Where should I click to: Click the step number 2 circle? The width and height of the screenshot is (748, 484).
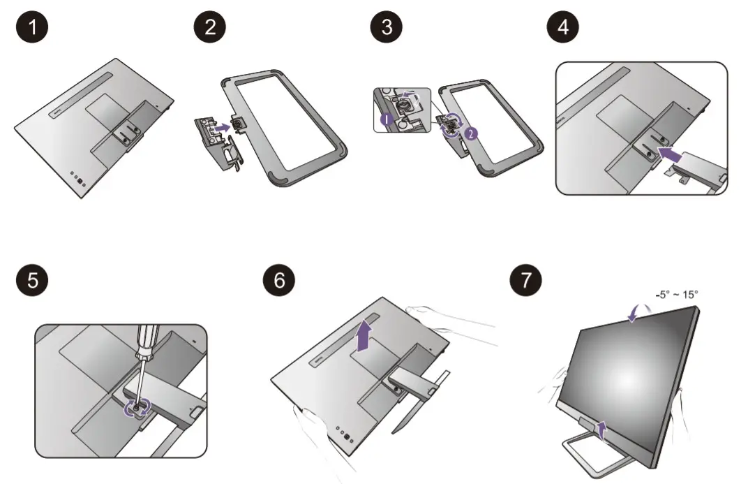(x=209, y=28)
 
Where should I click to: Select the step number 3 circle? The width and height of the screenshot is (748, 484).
(x=387, y=28)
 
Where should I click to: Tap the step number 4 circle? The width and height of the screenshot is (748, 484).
(x=563, y=28)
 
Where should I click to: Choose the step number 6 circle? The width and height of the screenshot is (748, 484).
(x=279, y=281)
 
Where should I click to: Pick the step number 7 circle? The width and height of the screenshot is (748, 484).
(x=525, y=281)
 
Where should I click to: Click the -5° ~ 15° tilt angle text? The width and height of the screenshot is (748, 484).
(x=675, y=294)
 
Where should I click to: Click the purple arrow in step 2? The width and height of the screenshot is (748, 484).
(x=221, y=128)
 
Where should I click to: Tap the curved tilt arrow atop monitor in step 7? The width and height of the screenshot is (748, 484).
(x=637, y=313)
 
